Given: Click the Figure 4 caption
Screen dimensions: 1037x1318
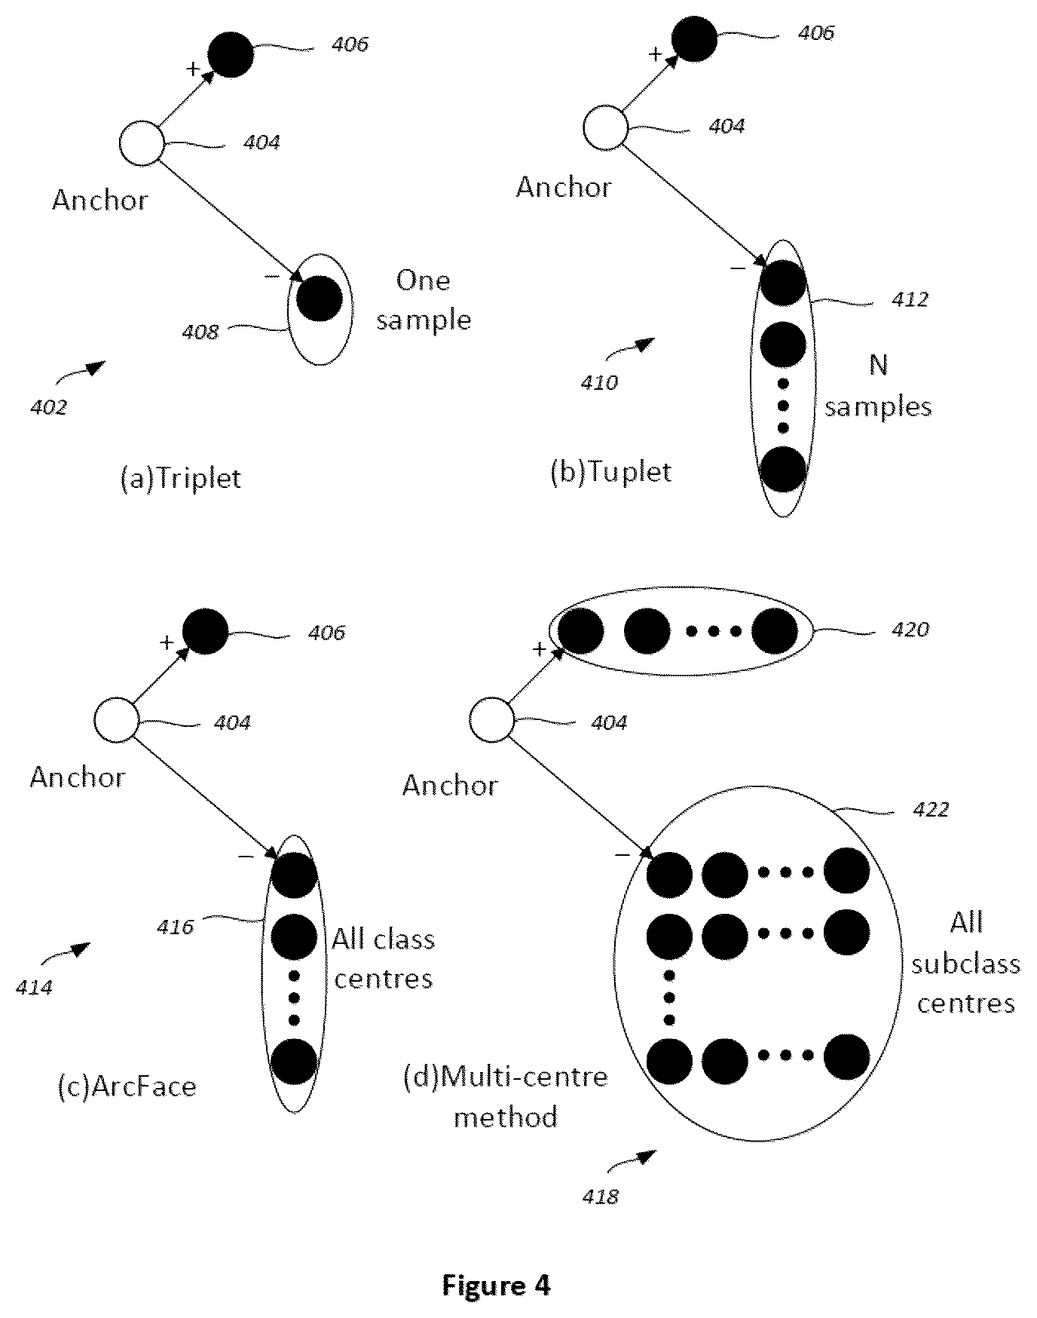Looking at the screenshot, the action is click(496, 1284).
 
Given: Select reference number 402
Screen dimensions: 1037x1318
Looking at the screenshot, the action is click(49, 407).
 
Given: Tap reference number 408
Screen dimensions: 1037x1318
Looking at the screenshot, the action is click(200, 332).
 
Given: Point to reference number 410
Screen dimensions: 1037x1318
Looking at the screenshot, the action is click(598, 382).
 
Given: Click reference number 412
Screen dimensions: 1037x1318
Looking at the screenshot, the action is click(910, 300).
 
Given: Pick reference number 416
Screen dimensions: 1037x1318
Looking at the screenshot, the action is click(176, 927).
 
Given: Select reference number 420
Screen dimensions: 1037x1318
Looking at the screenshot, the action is click(910, 629).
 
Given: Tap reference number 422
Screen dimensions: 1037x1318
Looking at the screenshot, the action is click(930, 810).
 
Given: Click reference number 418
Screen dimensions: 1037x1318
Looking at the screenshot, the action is click(600, 1196).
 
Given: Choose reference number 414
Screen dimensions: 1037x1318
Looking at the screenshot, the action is click(34, 987).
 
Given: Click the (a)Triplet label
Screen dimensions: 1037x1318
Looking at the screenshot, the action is click(181, 479).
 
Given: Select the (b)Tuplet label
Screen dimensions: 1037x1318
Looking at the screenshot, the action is click(611, 473).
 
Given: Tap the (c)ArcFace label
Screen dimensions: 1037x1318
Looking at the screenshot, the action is click(127, 1087).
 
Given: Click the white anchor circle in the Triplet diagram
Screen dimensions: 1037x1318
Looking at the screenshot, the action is click(142, 143).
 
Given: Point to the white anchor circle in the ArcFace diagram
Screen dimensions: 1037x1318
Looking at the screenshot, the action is click(116, 720).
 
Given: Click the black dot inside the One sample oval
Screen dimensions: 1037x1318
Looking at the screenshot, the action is click(320, 299).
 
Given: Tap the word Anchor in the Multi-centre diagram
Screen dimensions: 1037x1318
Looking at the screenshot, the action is click(450, 786).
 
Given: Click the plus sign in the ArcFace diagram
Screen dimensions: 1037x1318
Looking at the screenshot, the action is click(166, 642).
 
